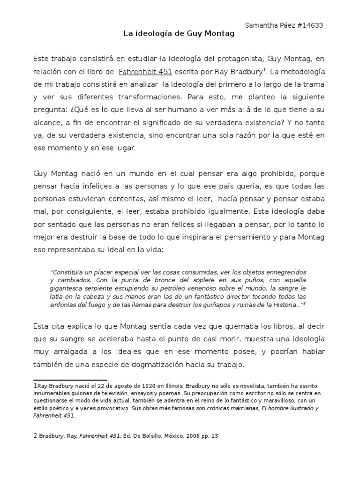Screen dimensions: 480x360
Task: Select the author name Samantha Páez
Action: pos(264,26)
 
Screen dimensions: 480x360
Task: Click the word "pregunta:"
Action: pos(49,110)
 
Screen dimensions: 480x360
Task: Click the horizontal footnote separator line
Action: pos(70,380)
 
